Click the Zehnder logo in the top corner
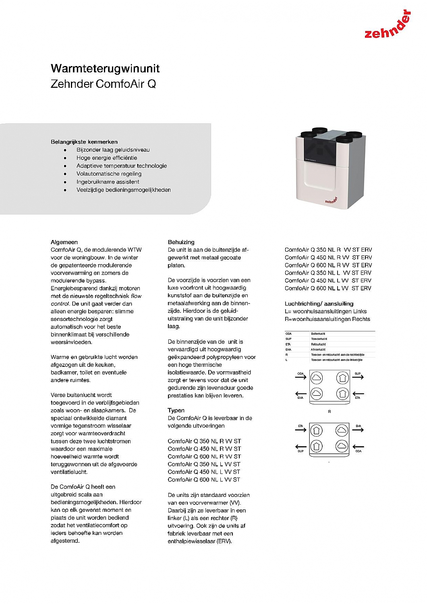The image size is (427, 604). click(x=387, y=26)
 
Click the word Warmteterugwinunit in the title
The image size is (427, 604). click(x=105, y=68)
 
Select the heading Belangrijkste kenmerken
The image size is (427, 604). click(x=84, y=142)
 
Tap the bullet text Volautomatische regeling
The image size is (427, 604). click(x=109, y=174)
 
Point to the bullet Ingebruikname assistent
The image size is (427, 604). click(x=108, y=182)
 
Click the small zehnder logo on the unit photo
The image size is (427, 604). click(x=331, y=200)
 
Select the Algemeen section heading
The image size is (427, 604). click(x=64, y=242)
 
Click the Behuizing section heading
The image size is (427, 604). click(x=181, y=242)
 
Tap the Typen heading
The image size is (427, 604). click(x=176, y=410)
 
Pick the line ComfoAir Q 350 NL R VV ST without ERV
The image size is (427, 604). click(x=204, y=441)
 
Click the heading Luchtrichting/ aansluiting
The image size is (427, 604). click(x=319, y=304)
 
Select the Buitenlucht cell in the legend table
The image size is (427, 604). click(x=318, y=334)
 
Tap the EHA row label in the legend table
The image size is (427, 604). click(x=288, y=350)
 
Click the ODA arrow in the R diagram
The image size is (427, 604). click(x=301, y=377)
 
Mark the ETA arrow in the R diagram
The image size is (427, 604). click(x=358, y=394)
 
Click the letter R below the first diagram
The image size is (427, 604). click(x=330, y=412)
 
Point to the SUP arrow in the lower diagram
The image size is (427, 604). click(x=301, y=447)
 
